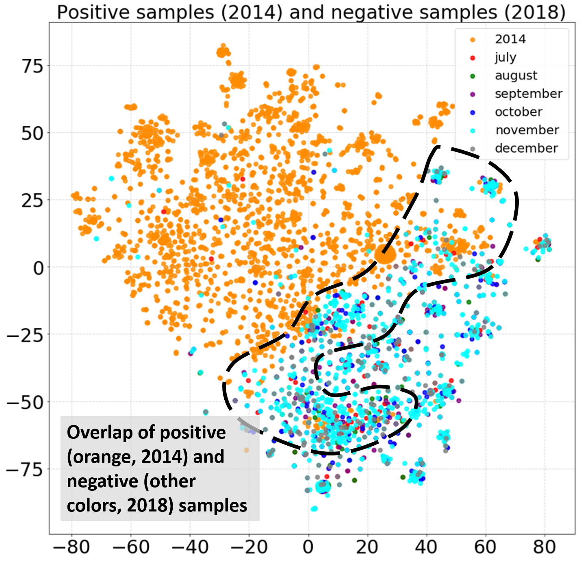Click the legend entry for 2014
pyautogui.click(x=510, y=39)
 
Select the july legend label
pyautogui.click(x=505, y=57)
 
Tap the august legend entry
pyautogui.click(x=516, y=76)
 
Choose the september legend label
pyautogui.click(x=528, y=94)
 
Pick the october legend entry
pyautogui.click(x=518, y=112)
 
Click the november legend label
pyautogui.click(x=527, y=130)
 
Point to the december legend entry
pyautogui.click(x=526, y=149)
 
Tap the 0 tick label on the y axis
pyautogui.click(x=38, y=268)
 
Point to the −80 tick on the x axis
pyautogui.click(x=72, y=547)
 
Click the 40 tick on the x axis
pyautogui.click(x=426, y=547)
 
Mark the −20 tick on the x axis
pyautogui.click(x=249, y=547)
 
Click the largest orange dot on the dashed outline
pyautogui.click(x=385, y=255)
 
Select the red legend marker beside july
pyautogui.click(x=472, y=58)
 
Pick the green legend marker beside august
pyautogui.click(x=472, y=76)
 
